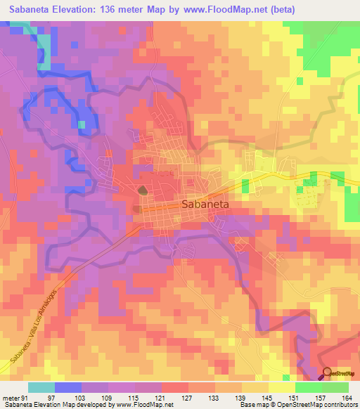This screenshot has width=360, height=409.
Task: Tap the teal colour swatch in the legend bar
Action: (41, 388)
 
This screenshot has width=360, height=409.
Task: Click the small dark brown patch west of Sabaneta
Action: (143, 190)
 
